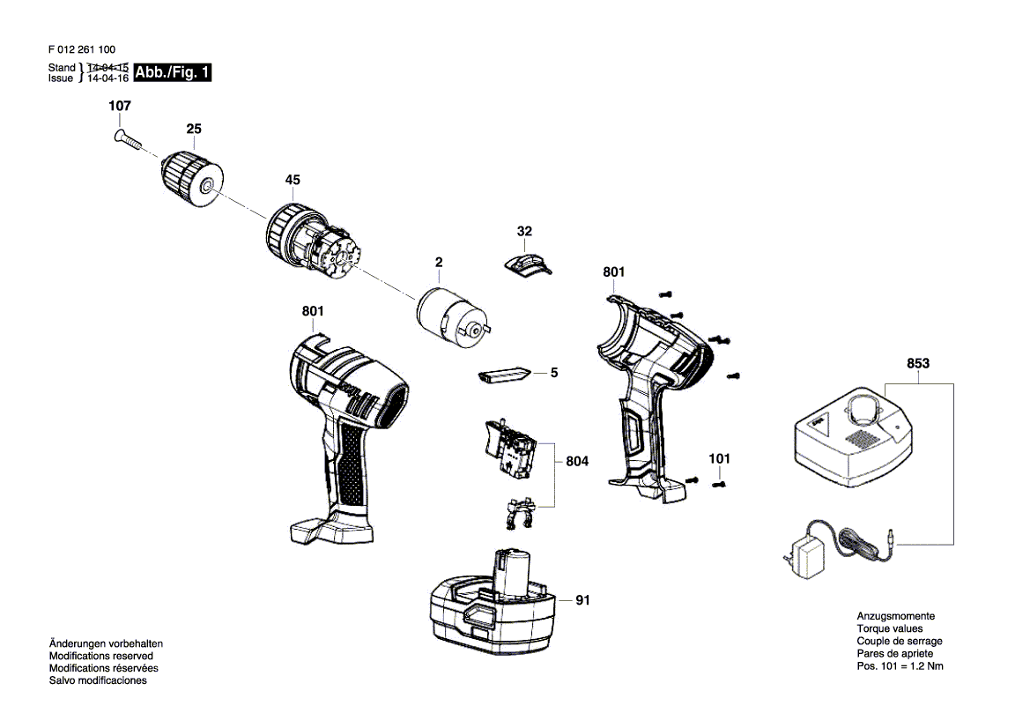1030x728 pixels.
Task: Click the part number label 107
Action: [x=120, y=106]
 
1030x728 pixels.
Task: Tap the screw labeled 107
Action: [x=128, y=140]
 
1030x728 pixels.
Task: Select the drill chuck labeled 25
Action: [x=192, y=178]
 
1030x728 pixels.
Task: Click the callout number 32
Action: [x=524, y=231]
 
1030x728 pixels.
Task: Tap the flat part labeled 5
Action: [x=503, y=375]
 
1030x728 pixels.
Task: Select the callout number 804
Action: [x=577, y=461]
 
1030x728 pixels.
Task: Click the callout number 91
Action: [x=582, y=600]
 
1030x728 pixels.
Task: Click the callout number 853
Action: [x=918, y=363]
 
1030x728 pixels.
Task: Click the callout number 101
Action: [x=719, y=458]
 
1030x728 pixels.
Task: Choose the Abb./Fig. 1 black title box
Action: [x=172, y=72]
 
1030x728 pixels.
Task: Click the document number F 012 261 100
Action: [x=82, y=49]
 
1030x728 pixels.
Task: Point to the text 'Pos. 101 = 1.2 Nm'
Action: [x=900, y=666]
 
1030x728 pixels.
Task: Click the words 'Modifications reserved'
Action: [x=101, y=656]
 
